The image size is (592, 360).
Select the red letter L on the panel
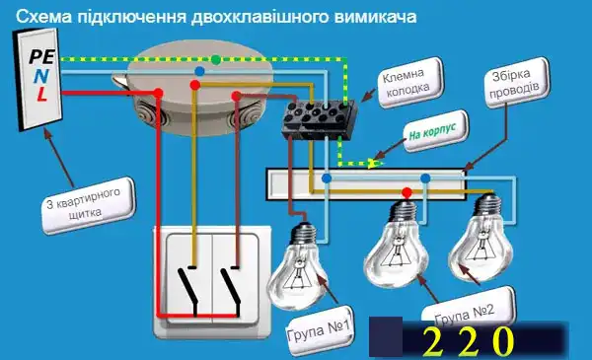[40, 95]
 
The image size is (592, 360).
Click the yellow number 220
[469, 340]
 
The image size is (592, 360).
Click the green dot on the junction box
[215, 59]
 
